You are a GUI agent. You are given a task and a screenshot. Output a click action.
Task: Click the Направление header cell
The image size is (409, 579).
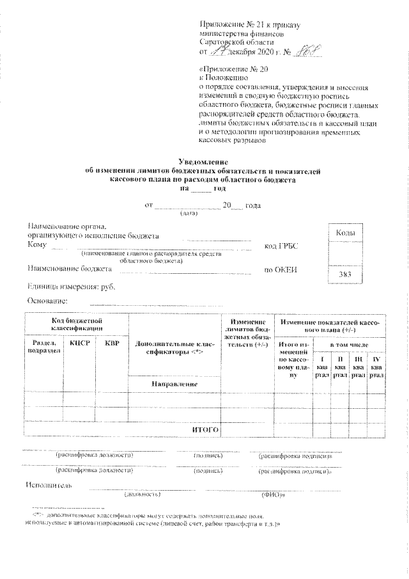174,383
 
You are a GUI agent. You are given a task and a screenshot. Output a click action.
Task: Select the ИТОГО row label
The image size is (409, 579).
205,429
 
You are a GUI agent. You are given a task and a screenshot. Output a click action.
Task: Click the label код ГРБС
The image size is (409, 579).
281,246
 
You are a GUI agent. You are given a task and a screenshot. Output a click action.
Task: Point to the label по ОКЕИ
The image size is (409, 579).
281,270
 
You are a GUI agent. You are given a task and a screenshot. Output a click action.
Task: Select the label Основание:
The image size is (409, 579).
47,301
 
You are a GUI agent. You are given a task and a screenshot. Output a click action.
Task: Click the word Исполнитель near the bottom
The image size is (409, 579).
49,484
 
